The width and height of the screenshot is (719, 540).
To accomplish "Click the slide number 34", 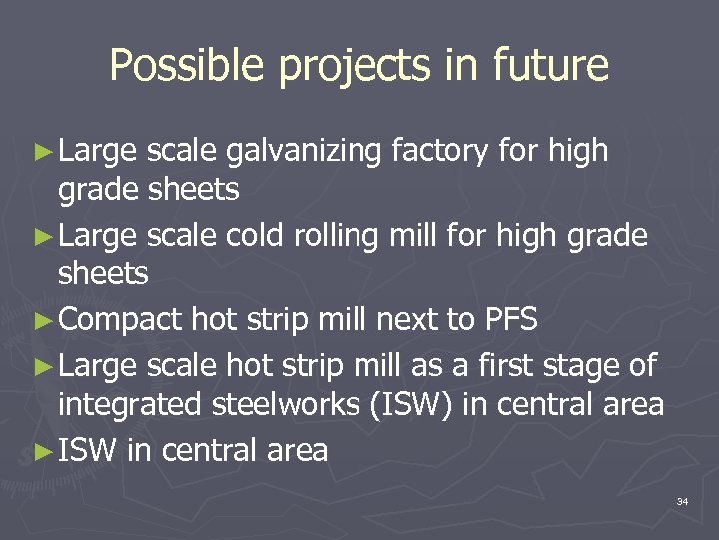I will tap(682, 500).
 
